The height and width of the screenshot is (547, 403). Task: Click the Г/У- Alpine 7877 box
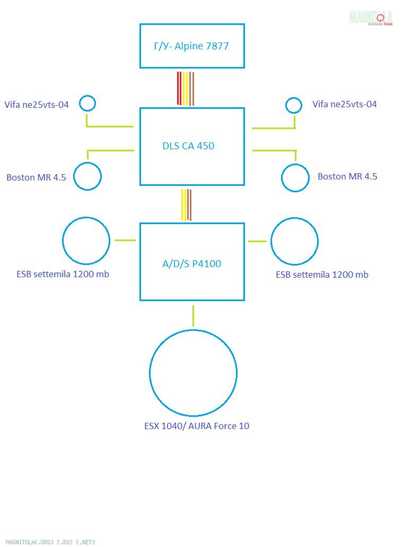click(x=192, y=46)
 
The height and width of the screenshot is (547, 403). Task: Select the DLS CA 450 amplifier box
click(x=192, y=146)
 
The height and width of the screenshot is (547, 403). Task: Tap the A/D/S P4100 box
click(x=192, y=261)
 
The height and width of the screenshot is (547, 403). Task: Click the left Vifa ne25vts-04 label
click(x=37, y=105)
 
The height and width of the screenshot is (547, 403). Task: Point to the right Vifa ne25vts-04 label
click(x=345, y=104)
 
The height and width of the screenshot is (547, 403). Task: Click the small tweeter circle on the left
click(x=87, y=103)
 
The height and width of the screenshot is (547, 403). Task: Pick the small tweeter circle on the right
click(x=293, y=105)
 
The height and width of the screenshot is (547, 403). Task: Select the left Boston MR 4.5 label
click(x=36, y=177)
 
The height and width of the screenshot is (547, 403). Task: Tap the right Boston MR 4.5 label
click(x=347, y=176)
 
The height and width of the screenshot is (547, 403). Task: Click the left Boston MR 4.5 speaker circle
click(x=87, y=176)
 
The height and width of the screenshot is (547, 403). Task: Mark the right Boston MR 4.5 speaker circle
click(x=295, y=177)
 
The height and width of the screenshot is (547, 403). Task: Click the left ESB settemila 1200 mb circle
click(x=86, y=241)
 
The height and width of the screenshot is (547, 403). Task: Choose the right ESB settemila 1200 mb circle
click(x=294, y=241)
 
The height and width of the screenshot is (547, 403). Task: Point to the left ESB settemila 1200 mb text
click(x=63, y=275)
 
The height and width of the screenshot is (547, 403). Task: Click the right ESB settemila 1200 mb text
click(x=322, y=275)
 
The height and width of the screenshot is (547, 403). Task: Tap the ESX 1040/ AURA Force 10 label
click(x=197, y=426)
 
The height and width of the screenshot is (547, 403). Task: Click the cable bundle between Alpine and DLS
click(x=186, y=88)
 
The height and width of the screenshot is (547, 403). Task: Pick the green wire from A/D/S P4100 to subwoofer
click(x=193, y=315)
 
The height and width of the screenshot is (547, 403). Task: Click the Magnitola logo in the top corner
click(x=371, y=18)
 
